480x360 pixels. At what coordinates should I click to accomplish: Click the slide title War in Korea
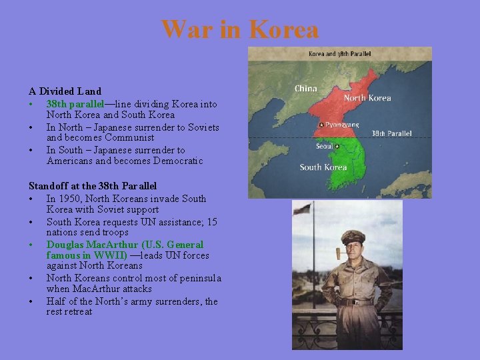pos(240,29)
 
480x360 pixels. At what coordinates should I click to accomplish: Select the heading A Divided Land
pos(65,91)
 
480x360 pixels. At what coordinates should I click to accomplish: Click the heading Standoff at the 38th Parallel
pos(93,186)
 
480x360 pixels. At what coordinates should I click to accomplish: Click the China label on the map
pos(305,88)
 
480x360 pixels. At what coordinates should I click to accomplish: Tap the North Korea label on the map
pos(367,98)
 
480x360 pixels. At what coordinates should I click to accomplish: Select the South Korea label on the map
pos(323,167)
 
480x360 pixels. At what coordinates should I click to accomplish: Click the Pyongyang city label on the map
pos(343,125)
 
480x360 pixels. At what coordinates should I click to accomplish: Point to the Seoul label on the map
pos(324,146)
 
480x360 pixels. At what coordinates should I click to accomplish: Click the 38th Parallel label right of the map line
pos(391,133)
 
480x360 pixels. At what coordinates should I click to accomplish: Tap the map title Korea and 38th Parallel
pos(339,53)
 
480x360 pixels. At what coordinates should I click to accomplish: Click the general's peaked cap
pos(353,237)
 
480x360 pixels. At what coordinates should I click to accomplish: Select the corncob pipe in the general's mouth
pos(338,255)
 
